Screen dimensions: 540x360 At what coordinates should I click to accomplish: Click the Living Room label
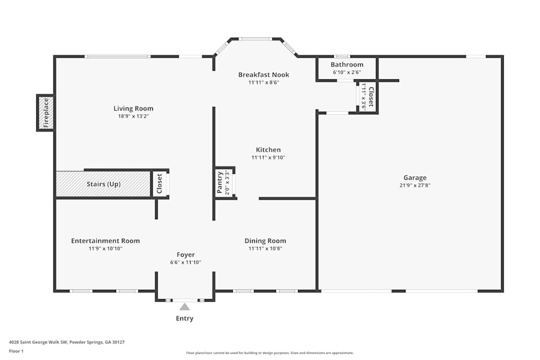(x=133, y=108)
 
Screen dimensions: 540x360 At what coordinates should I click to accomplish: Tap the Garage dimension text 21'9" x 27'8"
(x=415, y=185)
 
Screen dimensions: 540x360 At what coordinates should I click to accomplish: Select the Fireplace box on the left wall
(x=45, y=113)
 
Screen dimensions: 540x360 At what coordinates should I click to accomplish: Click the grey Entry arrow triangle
(x=185, y=307)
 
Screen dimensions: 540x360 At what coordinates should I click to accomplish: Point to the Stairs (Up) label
(x=104, y=184)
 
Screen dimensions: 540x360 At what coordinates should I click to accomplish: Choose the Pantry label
(x=219, y=182)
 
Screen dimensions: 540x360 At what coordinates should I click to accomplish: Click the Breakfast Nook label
(x=264, y=74)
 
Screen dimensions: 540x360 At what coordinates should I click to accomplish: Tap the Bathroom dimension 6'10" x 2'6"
(x=347, y=72)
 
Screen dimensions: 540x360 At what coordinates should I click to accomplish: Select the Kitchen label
(x=268, y=150)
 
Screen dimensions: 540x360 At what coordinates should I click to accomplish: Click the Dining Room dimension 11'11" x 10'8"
(x=265, y=248)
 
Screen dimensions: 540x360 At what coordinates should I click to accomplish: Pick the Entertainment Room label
(x=105, y=241)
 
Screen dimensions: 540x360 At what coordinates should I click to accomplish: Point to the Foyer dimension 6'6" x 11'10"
(x=186, y=262)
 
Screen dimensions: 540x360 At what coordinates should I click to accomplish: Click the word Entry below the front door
(x=185, y=318)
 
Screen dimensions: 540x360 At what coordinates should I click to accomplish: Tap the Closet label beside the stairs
(x=159, y=184)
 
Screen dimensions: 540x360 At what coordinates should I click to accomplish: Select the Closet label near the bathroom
(x=372, y=97)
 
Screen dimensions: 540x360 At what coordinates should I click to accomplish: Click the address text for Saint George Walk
(x=67, y=342)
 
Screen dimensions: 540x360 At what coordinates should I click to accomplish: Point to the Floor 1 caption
(x=16, y=351)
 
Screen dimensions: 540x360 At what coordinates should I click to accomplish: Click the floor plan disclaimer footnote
(x=269, y=353)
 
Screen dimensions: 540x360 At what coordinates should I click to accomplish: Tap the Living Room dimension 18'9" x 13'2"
(x=133, y=117)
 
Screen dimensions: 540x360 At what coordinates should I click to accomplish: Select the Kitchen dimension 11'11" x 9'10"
(x=268, y=158)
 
